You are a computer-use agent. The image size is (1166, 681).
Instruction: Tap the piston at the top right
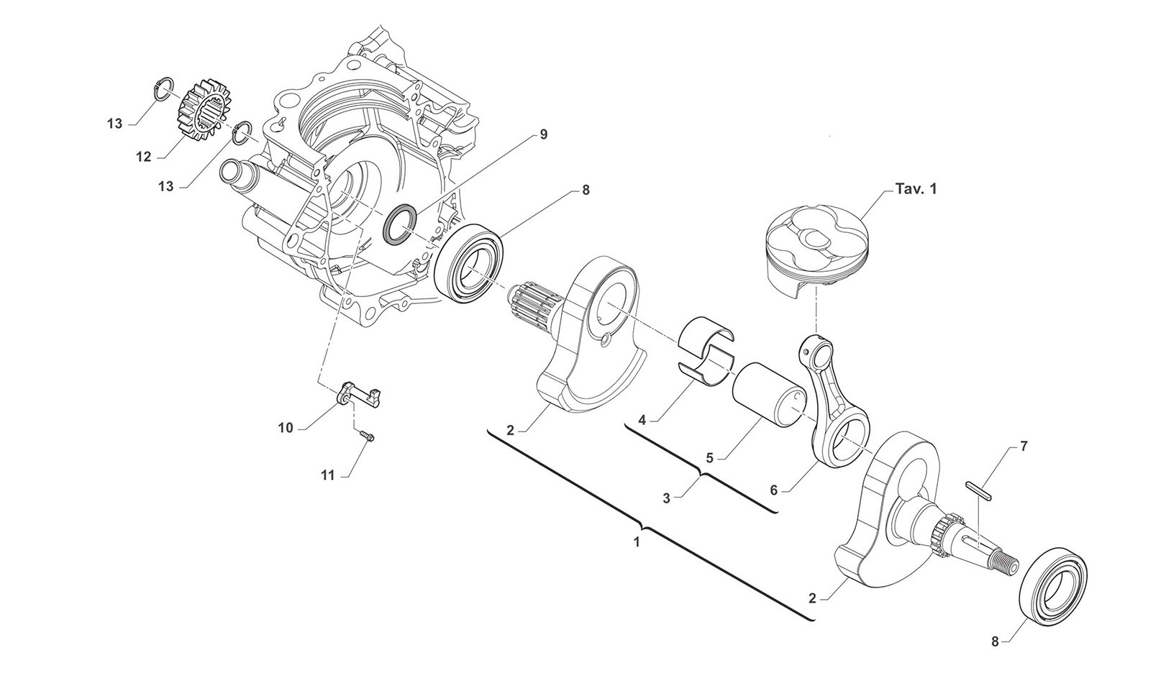pyautogui.click(x=816, y=248)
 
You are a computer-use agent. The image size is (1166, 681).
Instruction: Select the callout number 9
pyautogui.click(x=543, y=134)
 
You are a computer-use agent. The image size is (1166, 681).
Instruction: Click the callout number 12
pyautogui.click(x=143, y=156)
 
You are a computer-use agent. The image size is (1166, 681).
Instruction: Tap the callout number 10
pyautogui.click(x=286, y=428)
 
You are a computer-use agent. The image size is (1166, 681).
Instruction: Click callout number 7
pyautogui.click(x=1024, y=446)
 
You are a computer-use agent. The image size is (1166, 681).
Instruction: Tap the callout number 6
pyautogui.click(x=773, y=490)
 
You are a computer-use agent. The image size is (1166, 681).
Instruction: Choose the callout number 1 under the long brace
pyautogui.click(x=636, y=542)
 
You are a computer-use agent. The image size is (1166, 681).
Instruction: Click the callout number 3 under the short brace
pyautogui.click(x=666, y=497)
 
